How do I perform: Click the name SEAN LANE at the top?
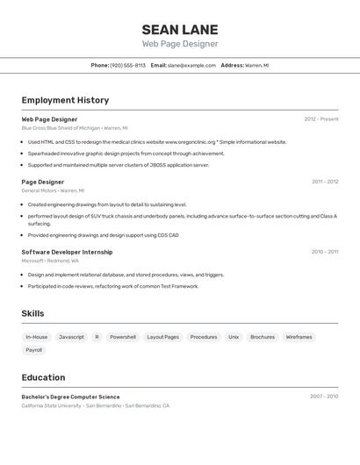[180, 29]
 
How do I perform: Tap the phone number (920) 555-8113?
[128, 65]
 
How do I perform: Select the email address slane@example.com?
[191, 65]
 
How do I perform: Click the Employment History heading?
[65, 100]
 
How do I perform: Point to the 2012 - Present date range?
[321, 119]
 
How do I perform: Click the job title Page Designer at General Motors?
[43, 182]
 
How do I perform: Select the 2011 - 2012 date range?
[325, 182]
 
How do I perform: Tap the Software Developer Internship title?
[67, 252]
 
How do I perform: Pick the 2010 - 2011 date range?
[325, 252]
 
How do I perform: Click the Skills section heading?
[32, 313]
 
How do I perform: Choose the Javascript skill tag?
[71, 337]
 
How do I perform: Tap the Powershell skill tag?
[123, 337]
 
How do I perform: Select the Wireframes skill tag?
[299, 337]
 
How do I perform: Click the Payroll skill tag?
[33, 350]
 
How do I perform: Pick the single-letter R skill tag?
[97, 337]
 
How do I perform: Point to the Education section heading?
[43, 377]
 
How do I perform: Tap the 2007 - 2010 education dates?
[324, 397]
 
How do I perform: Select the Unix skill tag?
[234, 337]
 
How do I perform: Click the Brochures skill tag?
[263, 337]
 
